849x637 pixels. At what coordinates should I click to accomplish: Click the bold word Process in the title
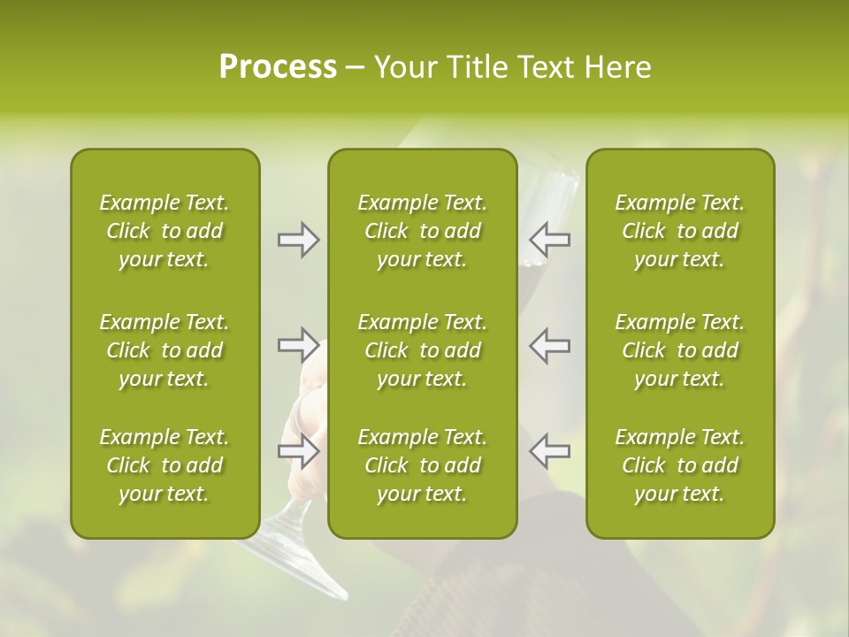[278, 67]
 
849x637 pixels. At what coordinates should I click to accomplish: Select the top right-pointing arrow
[299, 240]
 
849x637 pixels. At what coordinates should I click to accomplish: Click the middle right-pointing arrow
[299, 345]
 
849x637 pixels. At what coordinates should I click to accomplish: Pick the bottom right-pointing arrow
[299, 451]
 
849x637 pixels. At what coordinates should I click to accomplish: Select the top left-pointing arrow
[549, 240]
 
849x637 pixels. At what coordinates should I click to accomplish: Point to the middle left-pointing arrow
[549, 345]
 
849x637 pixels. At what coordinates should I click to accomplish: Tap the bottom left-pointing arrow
[549, 451]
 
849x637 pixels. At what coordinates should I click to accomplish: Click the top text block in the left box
[164, 231]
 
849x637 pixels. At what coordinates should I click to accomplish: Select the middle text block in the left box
[164, 350]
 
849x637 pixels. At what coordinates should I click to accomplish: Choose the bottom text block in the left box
[164, 465]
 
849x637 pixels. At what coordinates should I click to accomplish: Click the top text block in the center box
[422, 231]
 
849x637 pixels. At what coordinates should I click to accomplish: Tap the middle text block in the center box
[422, 350]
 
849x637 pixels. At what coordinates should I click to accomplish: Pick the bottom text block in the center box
[422, 465]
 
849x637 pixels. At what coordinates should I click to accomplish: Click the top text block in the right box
[679, 231]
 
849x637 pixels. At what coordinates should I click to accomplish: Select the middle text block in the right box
[679, 350]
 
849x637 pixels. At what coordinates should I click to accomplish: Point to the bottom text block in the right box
[679, 465]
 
